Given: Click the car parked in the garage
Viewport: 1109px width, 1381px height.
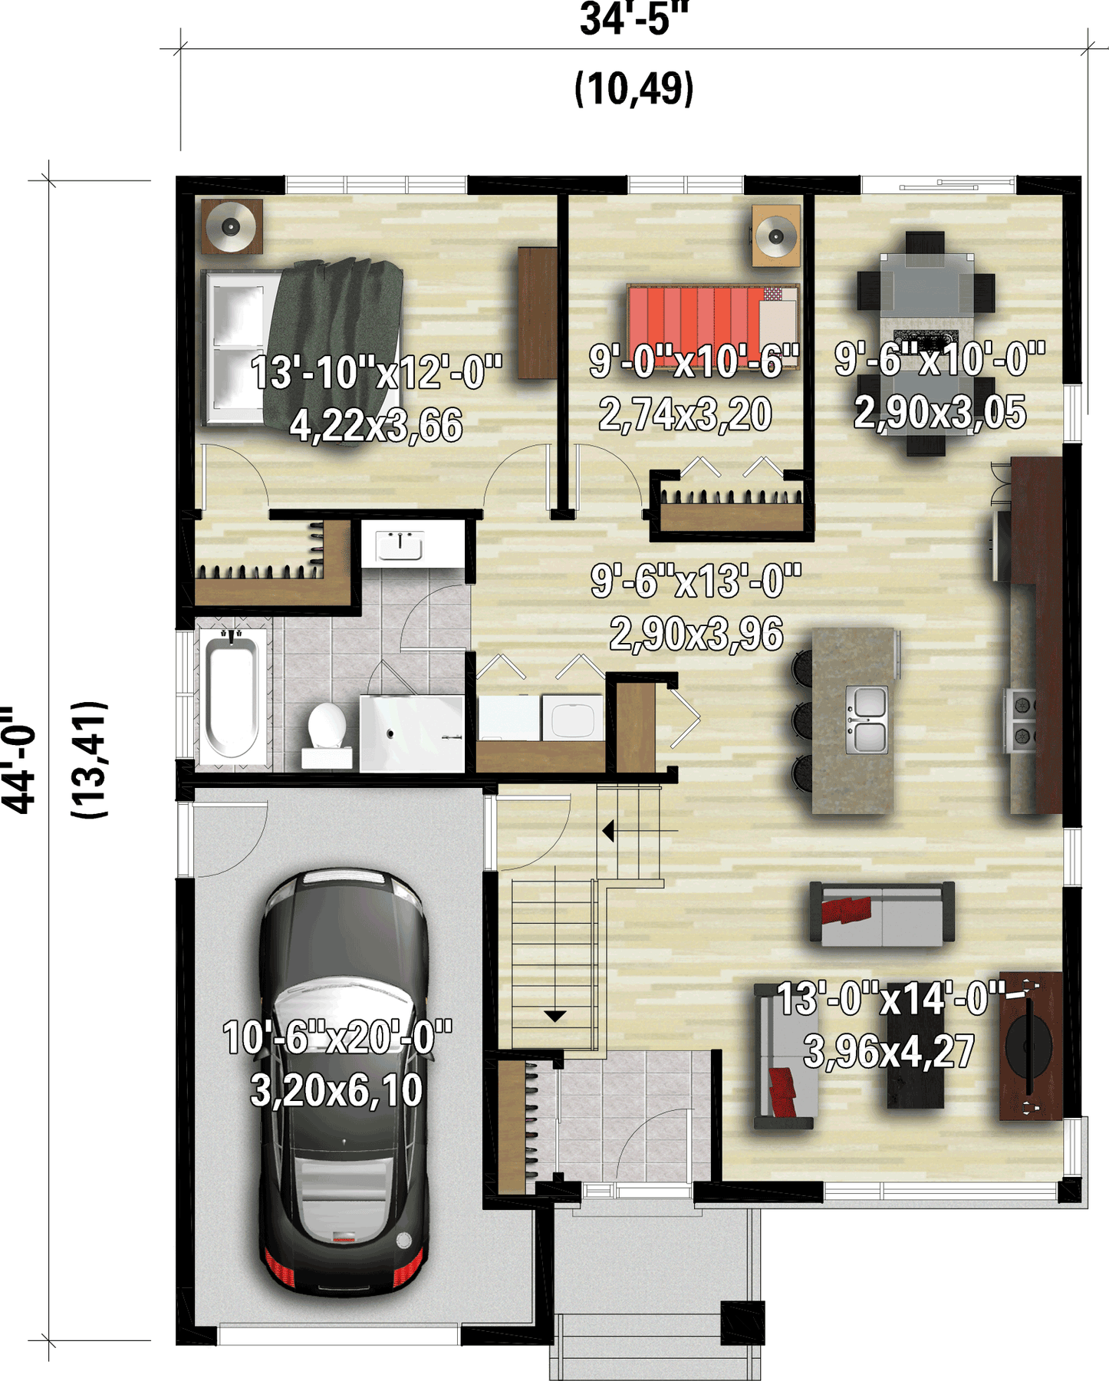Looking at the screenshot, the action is coord(343,1082).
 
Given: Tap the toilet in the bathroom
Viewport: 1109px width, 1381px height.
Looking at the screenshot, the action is coord(327,735).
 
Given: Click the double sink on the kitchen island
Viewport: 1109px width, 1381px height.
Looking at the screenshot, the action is coord(867,720).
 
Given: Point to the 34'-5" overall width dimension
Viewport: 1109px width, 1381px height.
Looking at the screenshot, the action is coord(634,18).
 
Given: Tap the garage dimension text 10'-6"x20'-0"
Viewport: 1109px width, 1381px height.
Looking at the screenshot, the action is coord(337,1037).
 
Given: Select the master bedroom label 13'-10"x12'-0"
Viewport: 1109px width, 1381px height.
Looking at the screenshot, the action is coord(376,372).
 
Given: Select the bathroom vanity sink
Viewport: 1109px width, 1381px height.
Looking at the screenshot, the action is coord(400,545).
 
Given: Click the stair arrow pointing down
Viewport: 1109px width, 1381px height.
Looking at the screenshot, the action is coord(554,1016).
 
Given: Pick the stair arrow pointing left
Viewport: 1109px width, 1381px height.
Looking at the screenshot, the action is coord(608,830).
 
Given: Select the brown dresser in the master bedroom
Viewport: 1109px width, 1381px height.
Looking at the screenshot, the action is coord(537,312).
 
